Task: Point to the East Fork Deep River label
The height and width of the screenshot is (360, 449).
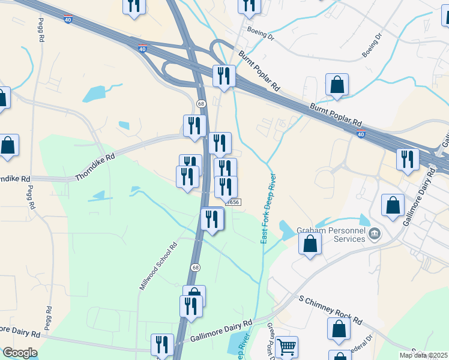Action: coord(268,209)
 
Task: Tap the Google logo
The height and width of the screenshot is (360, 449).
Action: coord(20,353)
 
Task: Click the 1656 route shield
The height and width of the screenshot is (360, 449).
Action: coord(234,202)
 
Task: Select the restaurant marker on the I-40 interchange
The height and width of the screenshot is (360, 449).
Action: coord(224,76)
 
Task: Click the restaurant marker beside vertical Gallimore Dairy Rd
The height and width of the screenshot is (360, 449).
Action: coord(408,160)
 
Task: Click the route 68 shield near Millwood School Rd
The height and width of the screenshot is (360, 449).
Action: coord(196,267)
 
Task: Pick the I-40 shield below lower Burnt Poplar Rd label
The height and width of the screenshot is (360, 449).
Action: coord(360,135)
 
